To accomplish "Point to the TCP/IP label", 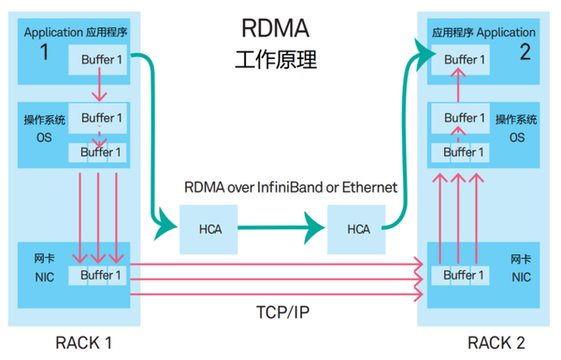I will [x=278, y=309].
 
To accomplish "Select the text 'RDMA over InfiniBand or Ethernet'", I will [x=289, y=187].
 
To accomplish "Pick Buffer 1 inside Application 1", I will [x=101, y=60].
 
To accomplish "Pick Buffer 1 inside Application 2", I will [x=465, y=60].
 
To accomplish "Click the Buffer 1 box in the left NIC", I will [x=101, y=275].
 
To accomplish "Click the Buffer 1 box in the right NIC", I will [x=465, y=275].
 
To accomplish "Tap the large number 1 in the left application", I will [x=43, y=52].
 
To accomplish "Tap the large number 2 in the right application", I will [x=525, y=52].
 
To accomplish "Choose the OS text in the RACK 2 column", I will [x=517, y=137].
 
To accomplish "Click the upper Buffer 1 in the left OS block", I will [x=101, y=118].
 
